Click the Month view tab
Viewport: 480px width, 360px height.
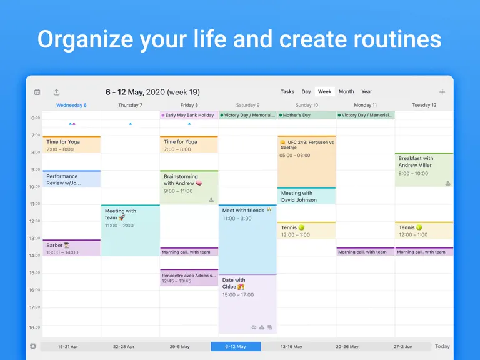[x=346, y=91]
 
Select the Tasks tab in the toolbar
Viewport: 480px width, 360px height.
[x=287, y=91]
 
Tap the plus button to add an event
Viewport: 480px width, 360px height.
[x=442, y=92]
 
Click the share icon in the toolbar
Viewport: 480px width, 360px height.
[x=57, y=92]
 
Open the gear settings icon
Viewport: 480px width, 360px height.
[x=33, y=346]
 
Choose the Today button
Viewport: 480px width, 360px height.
[x=442, y=346]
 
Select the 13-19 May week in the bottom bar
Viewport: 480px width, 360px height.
[x=291, y=346]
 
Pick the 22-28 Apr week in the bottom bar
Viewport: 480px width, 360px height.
[x=124, y=346]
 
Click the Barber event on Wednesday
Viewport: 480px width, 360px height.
[x=72, y=248]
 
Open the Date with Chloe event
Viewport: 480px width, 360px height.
[x=247, y=303]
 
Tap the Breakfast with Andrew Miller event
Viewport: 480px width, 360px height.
[x=424, y=170]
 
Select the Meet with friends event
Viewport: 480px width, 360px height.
[x=247, y=239]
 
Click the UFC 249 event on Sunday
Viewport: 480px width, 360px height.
[x=306, y=161]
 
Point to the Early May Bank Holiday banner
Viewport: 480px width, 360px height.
[x=189, y=115]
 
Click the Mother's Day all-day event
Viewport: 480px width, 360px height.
[x=306, y=115]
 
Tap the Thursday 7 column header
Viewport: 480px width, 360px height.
[x=131, y=105]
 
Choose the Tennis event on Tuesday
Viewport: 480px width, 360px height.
[x=424, y=231]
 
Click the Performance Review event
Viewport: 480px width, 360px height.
[x=72, y=179]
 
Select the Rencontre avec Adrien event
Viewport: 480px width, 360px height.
[x=189, y=277]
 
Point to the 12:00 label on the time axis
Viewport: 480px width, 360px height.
[x=34, y=221]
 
